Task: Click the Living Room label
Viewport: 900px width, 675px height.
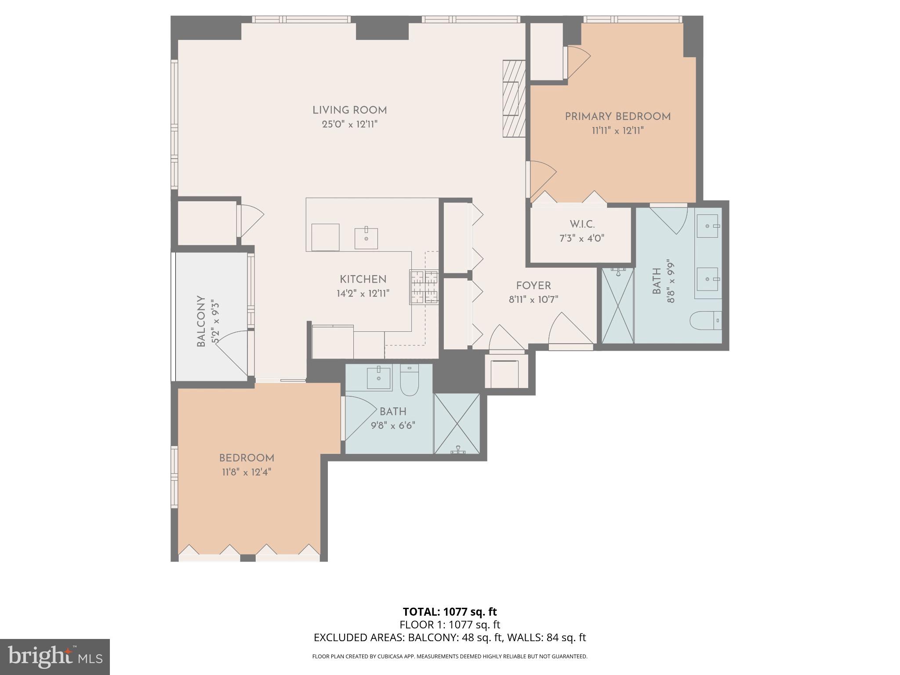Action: (349, 110)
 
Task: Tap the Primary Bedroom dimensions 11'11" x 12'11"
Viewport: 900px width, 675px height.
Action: (617, 131)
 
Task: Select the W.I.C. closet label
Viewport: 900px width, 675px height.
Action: (583, 225)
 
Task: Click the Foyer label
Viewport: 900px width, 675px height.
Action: (533, 286)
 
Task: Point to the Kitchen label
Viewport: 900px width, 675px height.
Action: (363, 279)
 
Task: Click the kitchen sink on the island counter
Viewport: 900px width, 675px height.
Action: (366, 238)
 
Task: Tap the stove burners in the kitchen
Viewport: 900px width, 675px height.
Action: (424, 287)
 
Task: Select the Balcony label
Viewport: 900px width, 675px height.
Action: (201, 321)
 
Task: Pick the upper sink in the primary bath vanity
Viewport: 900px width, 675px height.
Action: (708, 226)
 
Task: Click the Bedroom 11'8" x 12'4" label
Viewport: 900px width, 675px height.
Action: (247, 458)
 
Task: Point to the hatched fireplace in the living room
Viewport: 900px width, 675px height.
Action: (514, 99)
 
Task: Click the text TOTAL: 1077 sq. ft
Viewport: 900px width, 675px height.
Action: (450, 612)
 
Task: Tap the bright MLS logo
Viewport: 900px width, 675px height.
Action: (54, 657)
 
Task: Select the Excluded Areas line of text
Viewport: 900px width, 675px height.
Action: (450, 638)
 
